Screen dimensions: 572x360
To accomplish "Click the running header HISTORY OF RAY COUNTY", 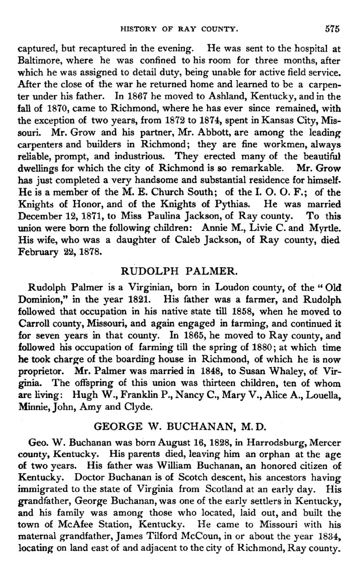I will [x=180, y=30].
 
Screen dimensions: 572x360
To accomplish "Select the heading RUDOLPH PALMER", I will [x=179, y=270].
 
